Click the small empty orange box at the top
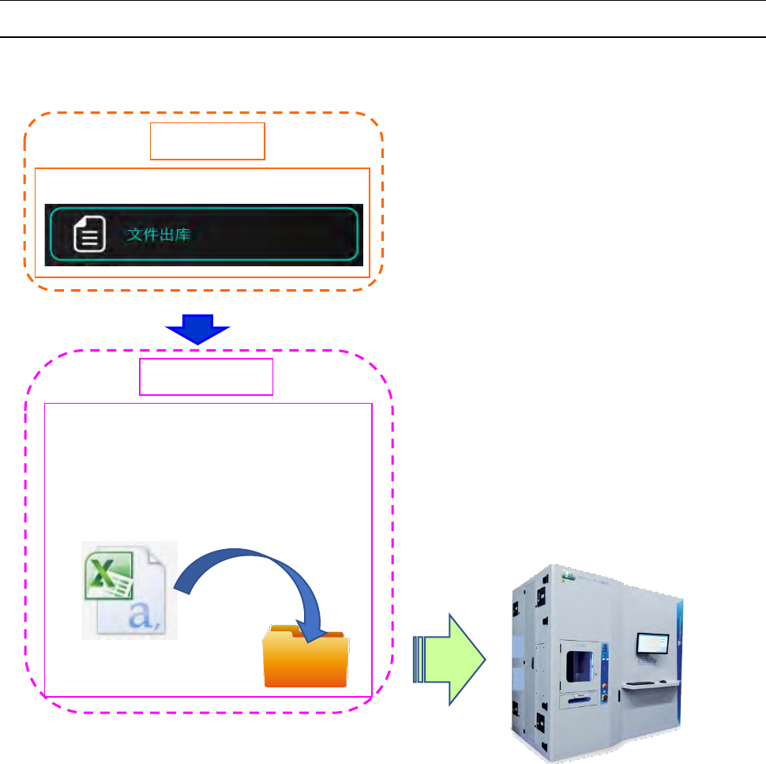coord(208,141)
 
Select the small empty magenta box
coord(206,377)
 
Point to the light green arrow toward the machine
coord(454,658)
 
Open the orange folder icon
coord(305,661)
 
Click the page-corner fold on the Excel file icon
coord(167,553)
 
